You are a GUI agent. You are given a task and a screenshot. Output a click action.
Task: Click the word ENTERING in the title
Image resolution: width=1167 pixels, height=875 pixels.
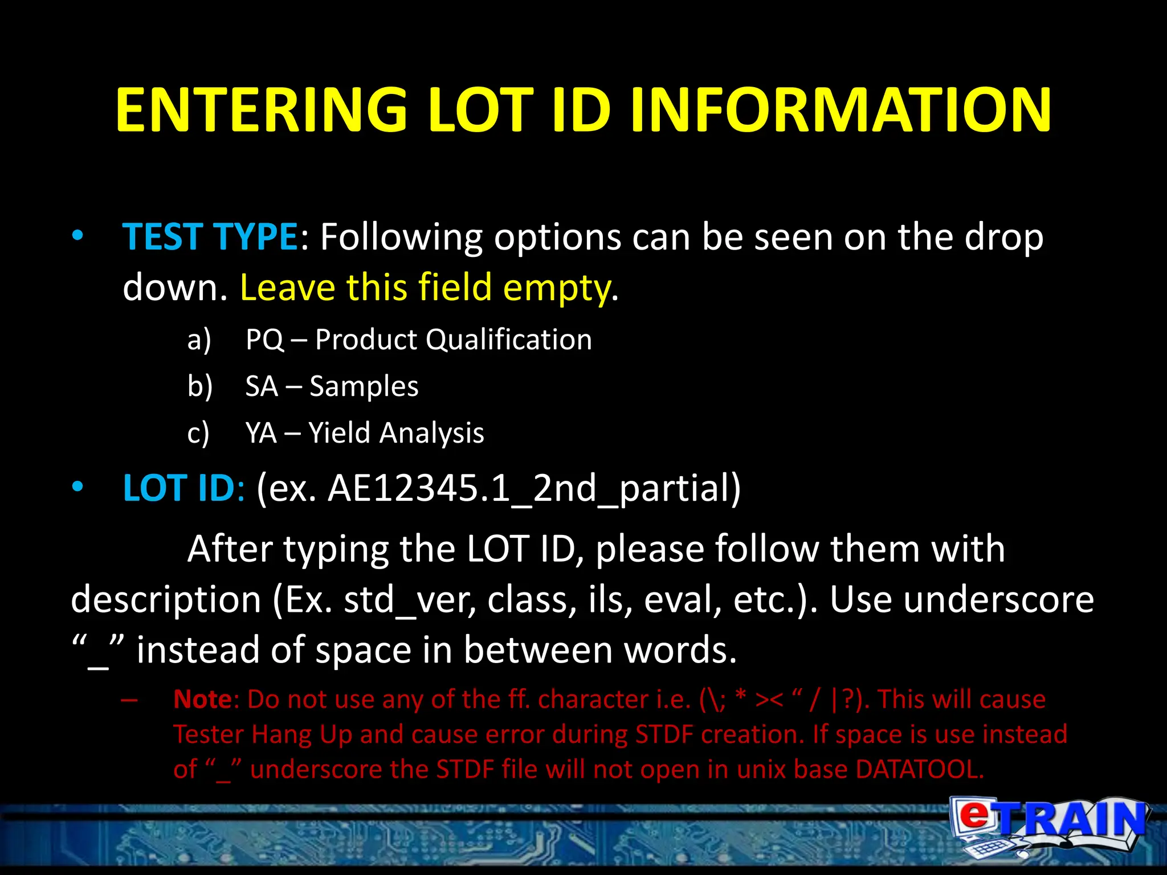pos(261,109)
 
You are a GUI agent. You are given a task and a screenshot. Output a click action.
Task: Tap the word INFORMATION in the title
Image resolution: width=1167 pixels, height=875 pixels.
pos(840,109)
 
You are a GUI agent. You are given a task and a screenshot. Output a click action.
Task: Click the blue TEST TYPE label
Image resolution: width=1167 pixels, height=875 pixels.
pos(210,236)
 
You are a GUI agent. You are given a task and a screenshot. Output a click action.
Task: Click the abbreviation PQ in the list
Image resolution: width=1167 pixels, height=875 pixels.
pos(264,340)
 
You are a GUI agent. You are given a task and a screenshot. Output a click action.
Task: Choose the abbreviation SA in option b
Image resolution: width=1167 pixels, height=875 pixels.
pos(262,386)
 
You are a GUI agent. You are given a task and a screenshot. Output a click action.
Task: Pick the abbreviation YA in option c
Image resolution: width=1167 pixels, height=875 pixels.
pos(261,433)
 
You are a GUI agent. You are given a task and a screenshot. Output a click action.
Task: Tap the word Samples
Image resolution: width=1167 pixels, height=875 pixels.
pos(364,386)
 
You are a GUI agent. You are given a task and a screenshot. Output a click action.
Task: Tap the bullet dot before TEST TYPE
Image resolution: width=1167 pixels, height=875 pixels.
pos(78,235)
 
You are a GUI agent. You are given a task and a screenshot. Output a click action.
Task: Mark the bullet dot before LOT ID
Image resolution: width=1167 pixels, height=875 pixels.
pos(78,487)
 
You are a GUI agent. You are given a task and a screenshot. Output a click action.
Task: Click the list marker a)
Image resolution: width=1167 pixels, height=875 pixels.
pos(199,340)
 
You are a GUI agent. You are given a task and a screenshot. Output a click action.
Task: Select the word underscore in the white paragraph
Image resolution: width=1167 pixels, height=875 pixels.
pos(961,599)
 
